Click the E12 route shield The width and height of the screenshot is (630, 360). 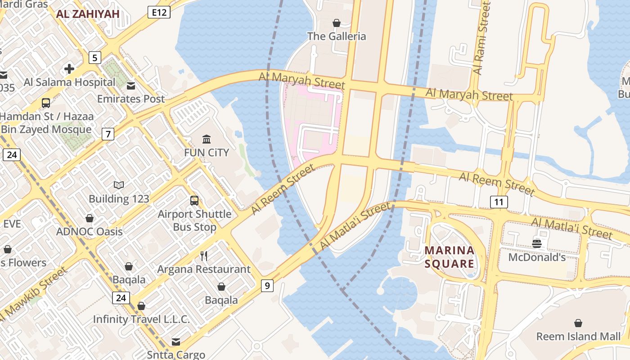point(159,12)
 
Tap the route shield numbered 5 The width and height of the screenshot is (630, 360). point(94,58)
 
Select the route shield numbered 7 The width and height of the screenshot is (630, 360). point(108,134)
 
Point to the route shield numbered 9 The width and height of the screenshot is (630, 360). point(267,285)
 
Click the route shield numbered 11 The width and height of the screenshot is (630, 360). point(499,202)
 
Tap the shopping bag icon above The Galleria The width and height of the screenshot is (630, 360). point(336,22)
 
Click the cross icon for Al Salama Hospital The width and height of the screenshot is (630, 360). point(69,68)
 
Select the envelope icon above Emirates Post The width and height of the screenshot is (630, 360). point(131,85)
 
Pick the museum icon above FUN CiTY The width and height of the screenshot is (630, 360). point(207,139)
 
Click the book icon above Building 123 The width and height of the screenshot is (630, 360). point(119,185)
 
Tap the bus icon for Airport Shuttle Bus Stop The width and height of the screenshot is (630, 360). point(194,201)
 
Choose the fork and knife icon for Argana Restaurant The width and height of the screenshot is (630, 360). point(204,256)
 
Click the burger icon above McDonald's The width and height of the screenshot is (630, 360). point(536,244)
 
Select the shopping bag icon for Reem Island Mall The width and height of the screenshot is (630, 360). point(578,323)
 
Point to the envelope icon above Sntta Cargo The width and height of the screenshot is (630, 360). point(176,342)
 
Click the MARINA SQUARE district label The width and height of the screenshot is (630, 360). point(449,257)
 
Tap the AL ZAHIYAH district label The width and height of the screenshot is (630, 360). point(88,14)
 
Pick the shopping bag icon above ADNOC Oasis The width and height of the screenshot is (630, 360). point(90,218)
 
